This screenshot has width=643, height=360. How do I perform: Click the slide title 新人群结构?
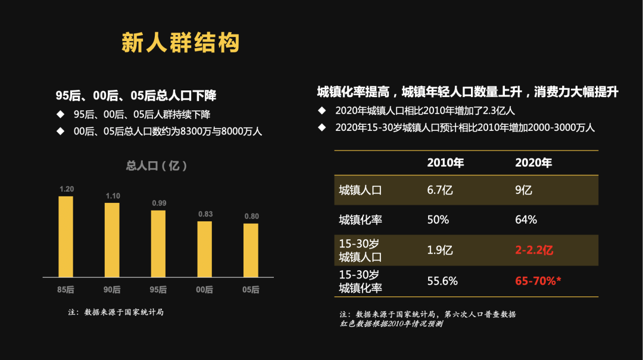(180, 43)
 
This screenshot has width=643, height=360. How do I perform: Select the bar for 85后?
(65, 236)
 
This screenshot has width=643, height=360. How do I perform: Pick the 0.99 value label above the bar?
(159, 204)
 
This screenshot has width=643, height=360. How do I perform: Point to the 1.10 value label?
(113, 196)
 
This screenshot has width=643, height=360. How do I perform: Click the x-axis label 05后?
(251, 290)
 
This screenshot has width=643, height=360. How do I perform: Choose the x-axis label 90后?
(113, 290)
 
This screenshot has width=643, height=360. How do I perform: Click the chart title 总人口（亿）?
(157, 166)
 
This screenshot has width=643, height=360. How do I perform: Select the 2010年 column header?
(445, 163)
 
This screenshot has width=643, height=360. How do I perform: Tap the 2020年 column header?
(533, 163)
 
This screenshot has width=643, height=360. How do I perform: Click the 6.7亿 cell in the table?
(440, 190)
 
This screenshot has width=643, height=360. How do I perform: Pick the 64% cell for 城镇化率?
(526, 220)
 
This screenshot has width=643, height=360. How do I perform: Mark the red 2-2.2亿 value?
(534, 250)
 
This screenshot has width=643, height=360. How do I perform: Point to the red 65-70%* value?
(538, 281)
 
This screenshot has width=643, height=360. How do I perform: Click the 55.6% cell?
(442, 281)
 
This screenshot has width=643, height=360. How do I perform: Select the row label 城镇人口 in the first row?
(360, 190)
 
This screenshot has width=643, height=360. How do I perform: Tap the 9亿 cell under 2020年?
(523, 190)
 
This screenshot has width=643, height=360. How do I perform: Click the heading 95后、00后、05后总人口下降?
(136, 95)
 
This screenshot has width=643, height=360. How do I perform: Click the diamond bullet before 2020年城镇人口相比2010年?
(322, 111)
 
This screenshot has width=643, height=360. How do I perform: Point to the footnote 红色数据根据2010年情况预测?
(391, 324)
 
